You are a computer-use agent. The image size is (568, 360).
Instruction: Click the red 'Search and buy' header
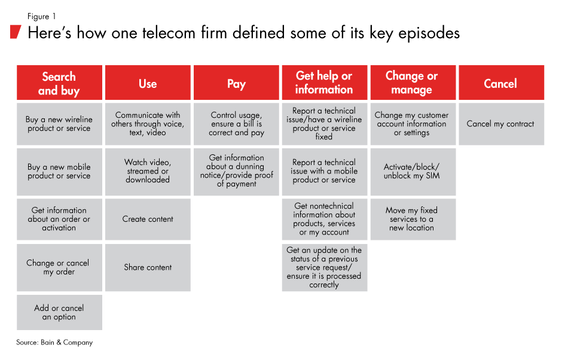point(59,83)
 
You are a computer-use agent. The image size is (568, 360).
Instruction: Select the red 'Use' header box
point(148,83)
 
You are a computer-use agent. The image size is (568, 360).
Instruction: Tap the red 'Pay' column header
point(236,83)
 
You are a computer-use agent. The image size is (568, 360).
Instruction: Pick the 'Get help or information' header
point(324,83)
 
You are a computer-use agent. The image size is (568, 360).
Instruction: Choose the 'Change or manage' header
point(412,83)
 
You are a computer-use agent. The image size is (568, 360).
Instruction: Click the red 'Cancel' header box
point(500,83)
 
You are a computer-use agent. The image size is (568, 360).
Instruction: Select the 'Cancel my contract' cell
point(500,124)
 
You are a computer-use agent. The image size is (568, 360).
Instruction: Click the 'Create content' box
point(148,219)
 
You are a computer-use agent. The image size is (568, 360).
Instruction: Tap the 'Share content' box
point(148,267)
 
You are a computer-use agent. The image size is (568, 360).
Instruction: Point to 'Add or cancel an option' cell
point(59,312)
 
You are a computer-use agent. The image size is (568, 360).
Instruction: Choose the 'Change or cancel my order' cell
point(59,267)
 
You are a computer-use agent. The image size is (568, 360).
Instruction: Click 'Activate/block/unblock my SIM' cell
point(412,172)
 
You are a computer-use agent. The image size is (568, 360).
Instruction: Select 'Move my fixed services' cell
point(412,219)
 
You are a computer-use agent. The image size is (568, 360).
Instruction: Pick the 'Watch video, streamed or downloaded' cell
point(148,171)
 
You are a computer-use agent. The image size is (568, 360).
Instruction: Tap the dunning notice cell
point(236,171)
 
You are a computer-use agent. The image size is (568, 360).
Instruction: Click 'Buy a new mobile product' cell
point(59,172)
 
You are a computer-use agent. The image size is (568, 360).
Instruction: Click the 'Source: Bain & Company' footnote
point(54,343)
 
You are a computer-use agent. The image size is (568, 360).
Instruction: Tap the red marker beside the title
point(16,32)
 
